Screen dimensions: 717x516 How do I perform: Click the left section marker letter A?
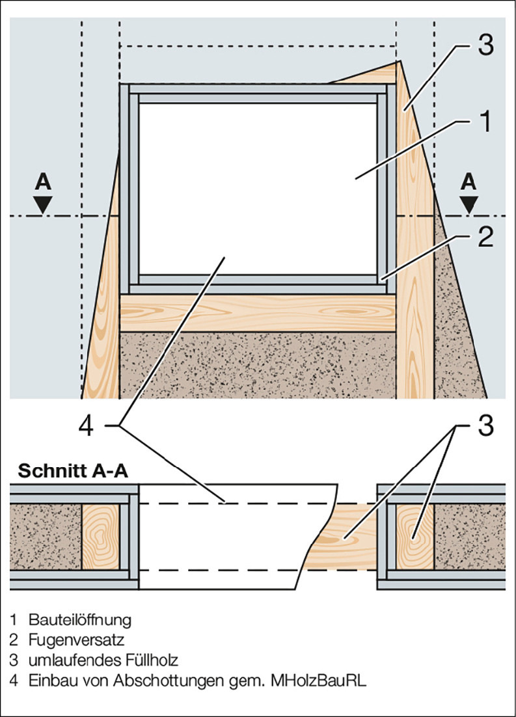pos(43,183)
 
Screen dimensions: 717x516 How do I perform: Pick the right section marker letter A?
pos(468,183)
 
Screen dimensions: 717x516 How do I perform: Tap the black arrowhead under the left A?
pos(43,204)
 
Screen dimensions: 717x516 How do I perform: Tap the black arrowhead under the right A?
pos(468,204)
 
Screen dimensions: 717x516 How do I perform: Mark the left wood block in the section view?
pos(100,537)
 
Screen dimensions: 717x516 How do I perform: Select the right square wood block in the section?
pos(414,537)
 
